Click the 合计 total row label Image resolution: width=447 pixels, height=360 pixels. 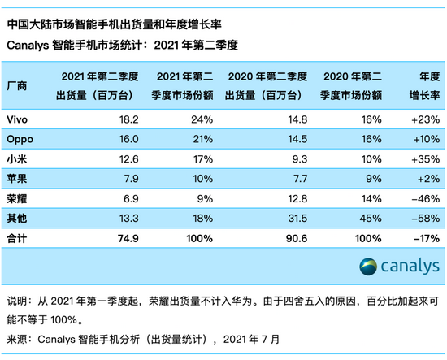(x=18, y=239)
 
